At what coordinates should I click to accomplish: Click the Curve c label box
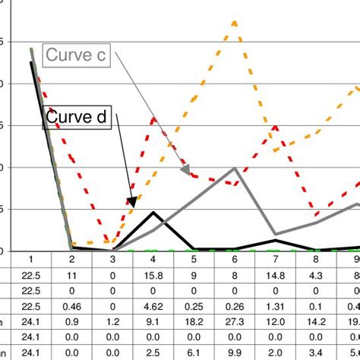77,55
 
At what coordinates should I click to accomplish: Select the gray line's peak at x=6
235,169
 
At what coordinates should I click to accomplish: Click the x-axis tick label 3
112,261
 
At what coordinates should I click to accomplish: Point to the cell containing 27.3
235,322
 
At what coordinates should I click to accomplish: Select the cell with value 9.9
235,352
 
